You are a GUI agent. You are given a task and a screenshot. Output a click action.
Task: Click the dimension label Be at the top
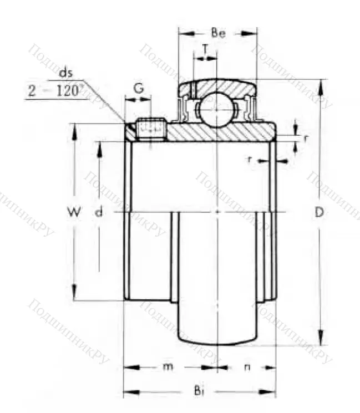(219, 34)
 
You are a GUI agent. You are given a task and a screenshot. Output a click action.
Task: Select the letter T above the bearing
(206, 49)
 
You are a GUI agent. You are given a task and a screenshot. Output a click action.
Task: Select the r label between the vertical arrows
(306, 137)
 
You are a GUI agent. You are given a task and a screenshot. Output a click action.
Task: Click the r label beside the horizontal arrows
(250, 160)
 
